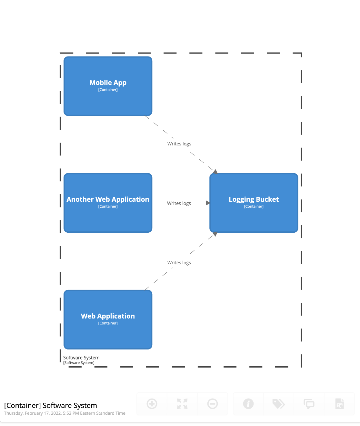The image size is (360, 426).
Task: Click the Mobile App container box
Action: coord(108,86)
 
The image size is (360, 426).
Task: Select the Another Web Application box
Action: coord(108,203)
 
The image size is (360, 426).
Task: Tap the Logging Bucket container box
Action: coord(254,203)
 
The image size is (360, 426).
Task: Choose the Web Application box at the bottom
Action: coord(108,319)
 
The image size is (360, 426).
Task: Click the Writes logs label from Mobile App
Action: coord(179,144)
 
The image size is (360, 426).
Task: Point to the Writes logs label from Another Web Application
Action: coord(179,203)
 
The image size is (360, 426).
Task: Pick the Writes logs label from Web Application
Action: coord(179,263)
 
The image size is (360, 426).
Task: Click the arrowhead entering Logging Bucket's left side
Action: coord(208,203)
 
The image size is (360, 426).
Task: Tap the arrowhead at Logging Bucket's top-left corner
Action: coord(215,171)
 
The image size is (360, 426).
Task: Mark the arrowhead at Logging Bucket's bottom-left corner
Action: coord(215,234)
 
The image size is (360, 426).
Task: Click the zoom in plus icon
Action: coord(152,404)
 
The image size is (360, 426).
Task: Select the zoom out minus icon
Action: coord(213,404)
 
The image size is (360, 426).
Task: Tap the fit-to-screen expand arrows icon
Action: coord(182,404)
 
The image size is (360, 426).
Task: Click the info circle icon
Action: coord(248,404)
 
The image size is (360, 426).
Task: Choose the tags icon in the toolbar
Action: coord(278,404)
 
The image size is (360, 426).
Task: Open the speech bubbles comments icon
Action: coord(309,404)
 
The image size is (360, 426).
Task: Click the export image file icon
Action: coord(339,404)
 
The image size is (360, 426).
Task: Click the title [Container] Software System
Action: coord(51,405)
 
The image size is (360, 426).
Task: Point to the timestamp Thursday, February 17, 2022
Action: coord(65,413)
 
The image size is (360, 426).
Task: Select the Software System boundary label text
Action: coord(81,358)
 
